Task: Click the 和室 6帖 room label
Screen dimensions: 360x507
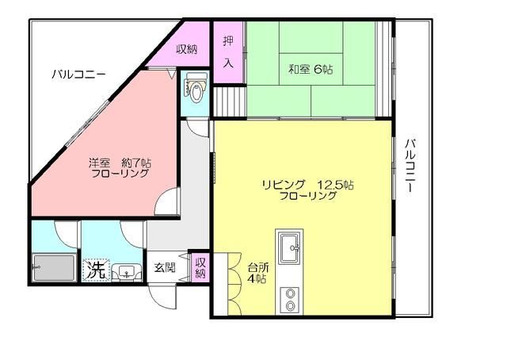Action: (x=310, y=70)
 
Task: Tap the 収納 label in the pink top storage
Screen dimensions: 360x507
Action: (x=187, y=49)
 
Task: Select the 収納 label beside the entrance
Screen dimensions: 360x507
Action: (x=200, y=267)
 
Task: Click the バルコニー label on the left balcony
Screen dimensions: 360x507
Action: (x=78, y=75)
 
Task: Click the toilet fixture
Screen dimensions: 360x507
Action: (x=195, y=89)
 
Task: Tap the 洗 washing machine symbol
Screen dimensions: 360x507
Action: (x=95, y=268)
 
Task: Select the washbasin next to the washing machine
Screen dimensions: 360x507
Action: (x=124, y=270)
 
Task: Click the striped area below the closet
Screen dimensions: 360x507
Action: (x=228, y=101)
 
